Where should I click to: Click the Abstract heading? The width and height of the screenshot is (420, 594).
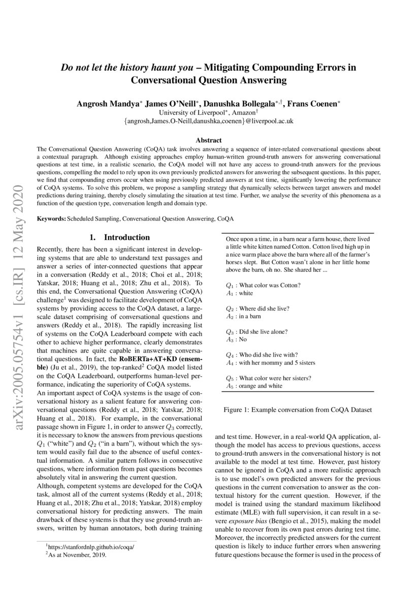(x=209, y=140)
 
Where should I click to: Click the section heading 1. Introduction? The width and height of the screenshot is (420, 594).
(x=119, y=237)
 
